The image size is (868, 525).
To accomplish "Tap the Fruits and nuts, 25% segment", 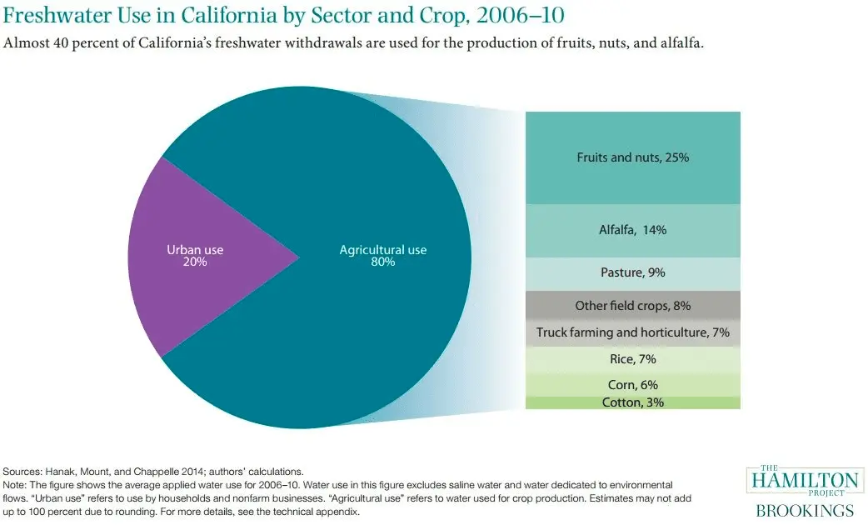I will (632, 157).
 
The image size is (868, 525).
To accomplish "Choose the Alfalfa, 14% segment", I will (632, 230).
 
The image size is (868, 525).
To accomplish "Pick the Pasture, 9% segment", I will (632, 272).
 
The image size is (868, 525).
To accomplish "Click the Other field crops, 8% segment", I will (632, 305).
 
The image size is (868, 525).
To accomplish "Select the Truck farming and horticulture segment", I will (632, 332).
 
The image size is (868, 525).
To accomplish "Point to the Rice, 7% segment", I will (632, 359).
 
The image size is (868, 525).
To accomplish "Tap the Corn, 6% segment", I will (632, 384).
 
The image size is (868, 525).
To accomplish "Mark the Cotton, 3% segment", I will (632, 402).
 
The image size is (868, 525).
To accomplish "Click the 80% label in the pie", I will (382, 262).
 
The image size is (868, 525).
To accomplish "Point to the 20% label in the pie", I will (195, 262).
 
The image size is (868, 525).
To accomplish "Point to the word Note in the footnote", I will (17, 484).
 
